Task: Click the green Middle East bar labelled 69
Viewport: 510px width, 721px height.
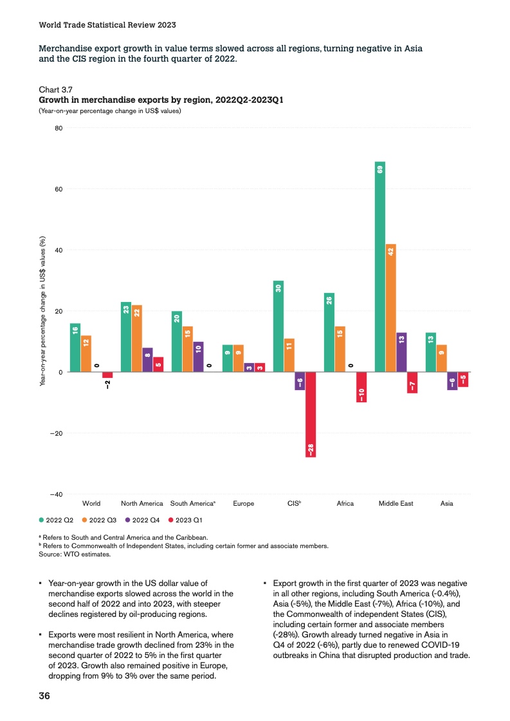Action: [x=380, y=267]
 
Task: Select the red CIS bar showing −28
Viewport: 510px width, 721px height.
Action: [x=311, y=414]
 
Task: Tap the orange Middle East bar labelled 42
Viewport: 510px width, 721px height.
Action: [x=390, y=308]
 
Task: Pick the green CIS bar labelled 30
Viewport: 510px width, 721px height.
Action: [x=278, y=326]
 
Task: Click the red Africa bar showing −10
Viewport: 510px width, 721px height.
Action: [x=361, y=387]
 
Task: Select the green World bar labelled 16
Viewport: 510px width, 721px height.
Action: [x=75, y=348]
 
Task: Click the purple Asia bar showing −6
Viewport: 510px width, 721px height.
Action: [x=452, y=381]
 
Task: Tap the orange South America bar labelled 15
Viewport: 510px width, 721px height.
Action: [x=188, y=349]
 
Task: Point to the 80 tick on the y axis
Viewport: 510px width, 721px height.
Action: [x=58, y=128]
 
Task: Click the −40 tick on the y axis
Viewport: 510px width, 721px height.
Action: [x=55, y=494]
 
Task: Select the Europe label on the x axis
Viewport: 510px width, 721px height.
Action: [x=243, y=504]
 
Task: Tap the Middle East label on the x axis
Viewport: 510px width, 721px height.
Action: [x=396, y=504]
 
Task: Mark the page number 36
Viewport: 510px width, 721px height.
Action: [x=45, y=696]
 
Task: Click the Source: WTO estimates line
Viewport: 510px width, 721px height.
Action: [x=75, y=553]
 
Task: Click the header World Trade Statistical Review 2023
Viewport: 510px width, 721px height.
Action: [x=107, y=25]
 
